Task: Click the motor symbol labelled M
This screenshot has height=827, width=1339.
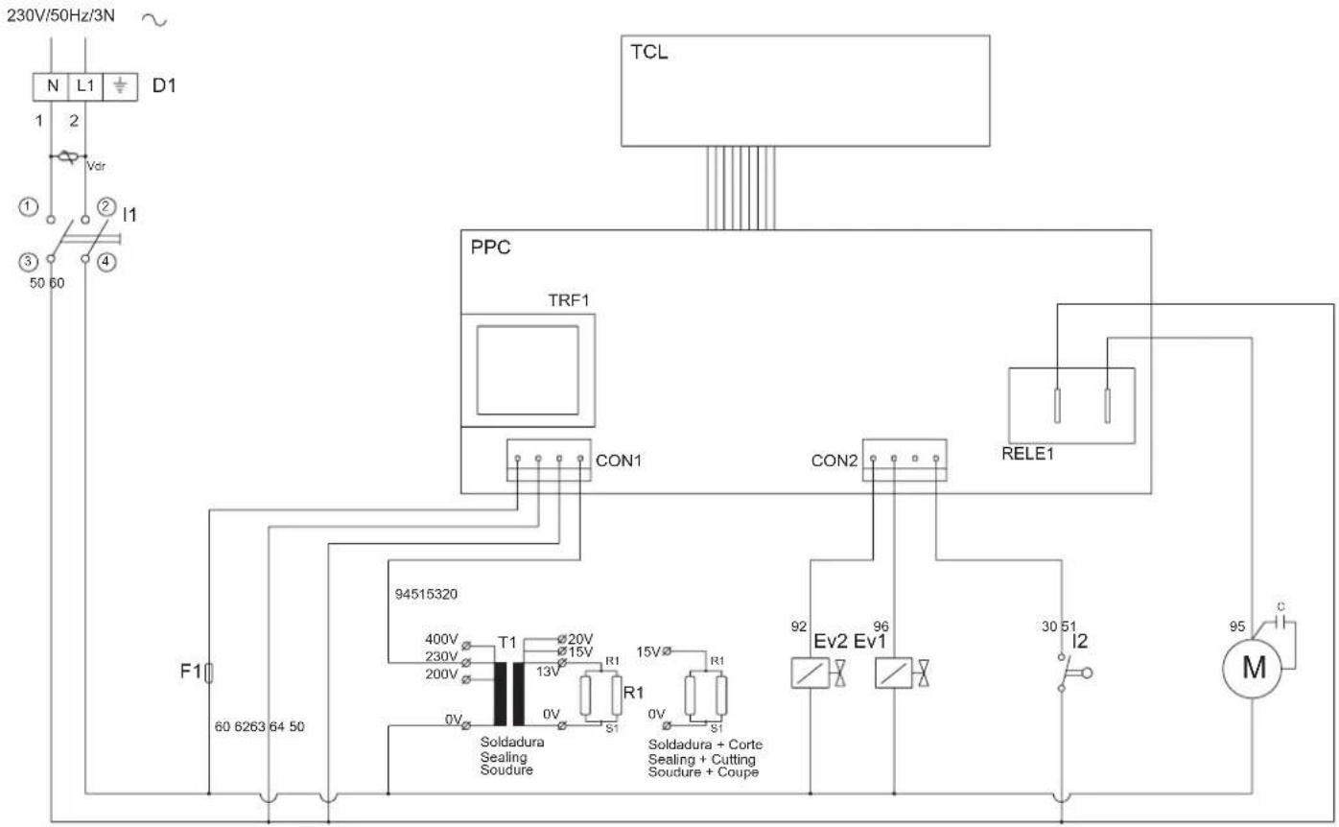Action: (x=1254, y=668)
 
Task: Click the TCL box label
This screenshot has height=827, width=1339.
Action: (x=648, y=53)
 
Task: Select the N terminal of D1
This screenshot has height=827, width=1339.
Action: (x=52, y=85)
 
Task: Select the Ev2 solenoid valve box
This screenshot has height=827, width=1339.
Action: (x=810, y=674)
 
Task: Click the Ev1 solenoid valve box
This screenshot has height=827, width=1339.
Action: (x=893, y=674)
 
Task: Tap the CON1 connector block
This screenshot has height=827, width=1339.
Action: (x=550, y=459)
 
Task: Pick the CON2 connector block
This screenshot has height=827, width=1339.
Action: (x=904, y=459)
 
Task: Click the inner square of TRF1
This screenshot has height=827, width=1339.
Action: (x=529, y=369)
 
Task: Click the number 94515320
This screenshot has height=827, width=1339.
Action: (x=426, y=594)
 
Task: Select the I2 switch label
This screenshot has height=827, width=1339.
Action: (x=1081, y=640)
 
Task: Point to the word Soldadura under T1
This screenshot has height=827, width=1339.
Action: (x=512, y=743)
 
